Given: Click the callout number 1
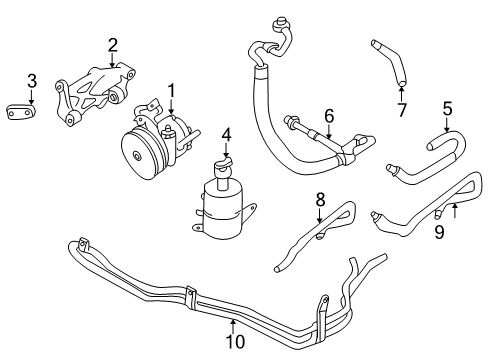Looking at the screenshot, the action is (x=171, y=91).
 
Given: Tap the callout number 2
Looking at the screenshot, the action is (x=113, y=45).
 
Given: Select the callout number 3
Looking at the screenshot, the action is (x=32, y=81).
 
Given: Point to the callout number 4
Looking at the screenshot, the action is (x=226, y=135).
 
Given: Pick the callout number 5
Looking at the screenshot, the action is (x=447, y=109).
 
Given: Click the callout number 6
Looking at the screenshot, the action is (x=329, y=116).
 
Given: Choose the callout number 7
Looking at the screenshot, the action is (x=402, y=110).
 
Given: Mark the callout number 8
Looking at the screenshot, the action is (x=320, y=200).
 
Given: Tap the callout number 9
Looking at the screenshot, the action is (x=440, y=232).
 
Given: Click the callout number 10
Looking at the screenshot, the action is (x=235, y=341).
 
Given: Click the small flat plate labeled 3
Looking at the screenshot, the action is (x=21, y=111).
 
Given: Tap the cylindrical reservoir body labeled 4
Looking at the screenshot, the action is (x=223, y=209).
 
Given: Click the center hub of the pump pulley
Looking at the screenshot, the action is (x=137, y=156).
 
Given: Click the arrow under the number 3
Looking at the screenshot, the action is (x=32, y=96).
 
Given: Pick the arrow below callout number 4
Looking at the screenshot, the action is (x=226, y=150).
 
